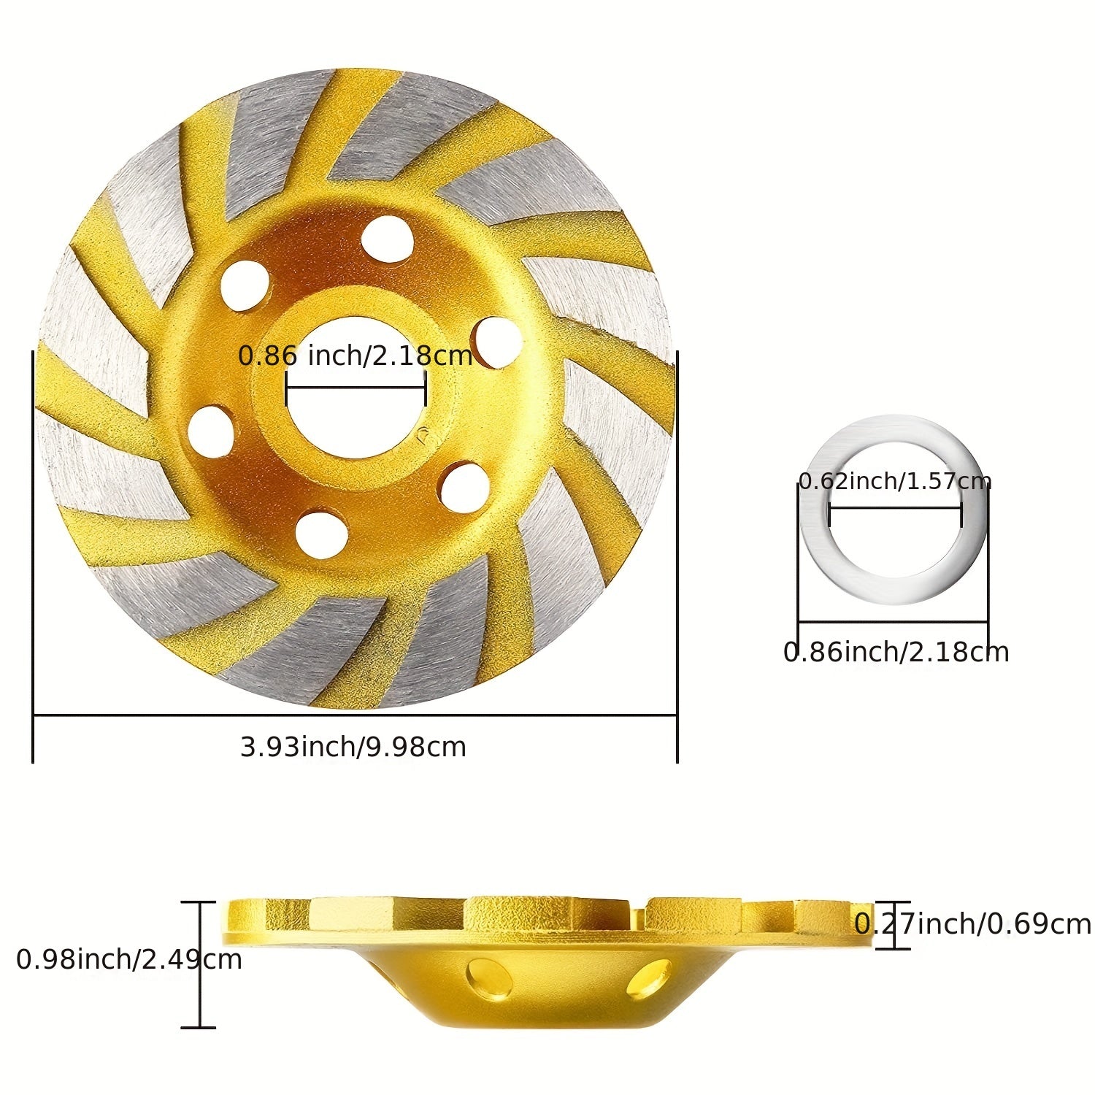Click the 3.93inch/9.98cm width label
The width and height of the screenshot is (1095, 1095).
click(x=353, y=747)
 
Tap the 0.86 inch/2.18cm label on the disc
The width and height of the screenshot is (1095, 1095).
click(x=356, y=356)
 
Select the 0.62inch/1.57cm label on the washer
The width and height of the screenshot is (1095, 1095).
click(x=894, y=481)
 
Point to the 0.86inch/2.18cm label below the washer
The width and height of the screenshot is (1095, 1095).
click(x=896, y=652)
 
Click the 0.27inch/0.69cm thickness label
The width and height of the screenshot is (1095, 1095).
click(x=972, y=924)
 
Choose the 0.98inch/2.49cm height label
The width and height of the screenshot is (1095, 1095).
click(x=128, y=959)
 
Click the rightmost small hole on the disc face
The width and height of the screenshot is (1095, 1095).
click(x=497, y=342)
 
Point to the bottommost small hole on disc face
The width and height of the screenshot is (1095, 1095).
click(x=322, y=535)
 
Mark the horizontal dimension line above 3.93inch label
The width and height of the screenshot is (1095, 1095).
click(x=355, y=715)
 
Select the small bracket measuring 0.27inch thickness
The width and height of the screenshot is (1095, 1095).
click(x=892, y=925)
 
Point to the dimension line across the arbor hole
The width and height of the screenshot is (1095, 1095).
click(x=356, y=387)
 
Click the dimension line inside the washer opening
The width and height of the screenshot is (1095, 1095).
click(x=895, y=508)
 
